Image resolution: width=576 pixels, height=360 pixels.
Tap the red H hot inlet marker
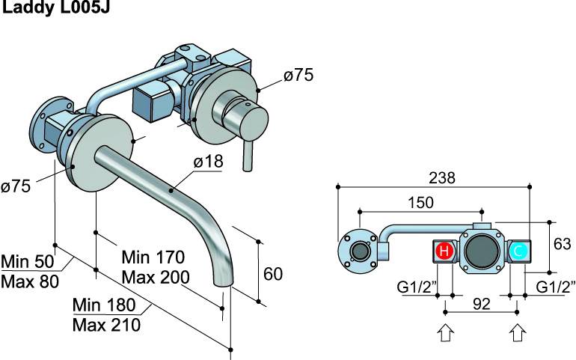[x=444, y=251]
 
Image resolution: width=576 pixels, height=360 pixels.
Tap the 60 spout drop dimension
[x=273, y=274]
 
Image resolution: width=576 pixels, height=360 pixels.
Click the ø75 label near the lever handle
[x=297, y=75]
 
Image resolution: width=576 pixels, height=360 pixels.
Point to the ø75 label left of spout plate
[x=16, y=187]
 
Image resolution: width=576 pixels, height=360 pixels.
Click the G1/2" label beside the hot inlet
[x=417, y=287]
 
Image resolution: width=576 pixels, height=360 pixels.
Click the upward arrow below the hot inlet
[x=445, y=332]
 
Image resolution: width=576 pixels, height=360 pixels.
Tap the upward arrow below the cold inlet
[x=517, y=332]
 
